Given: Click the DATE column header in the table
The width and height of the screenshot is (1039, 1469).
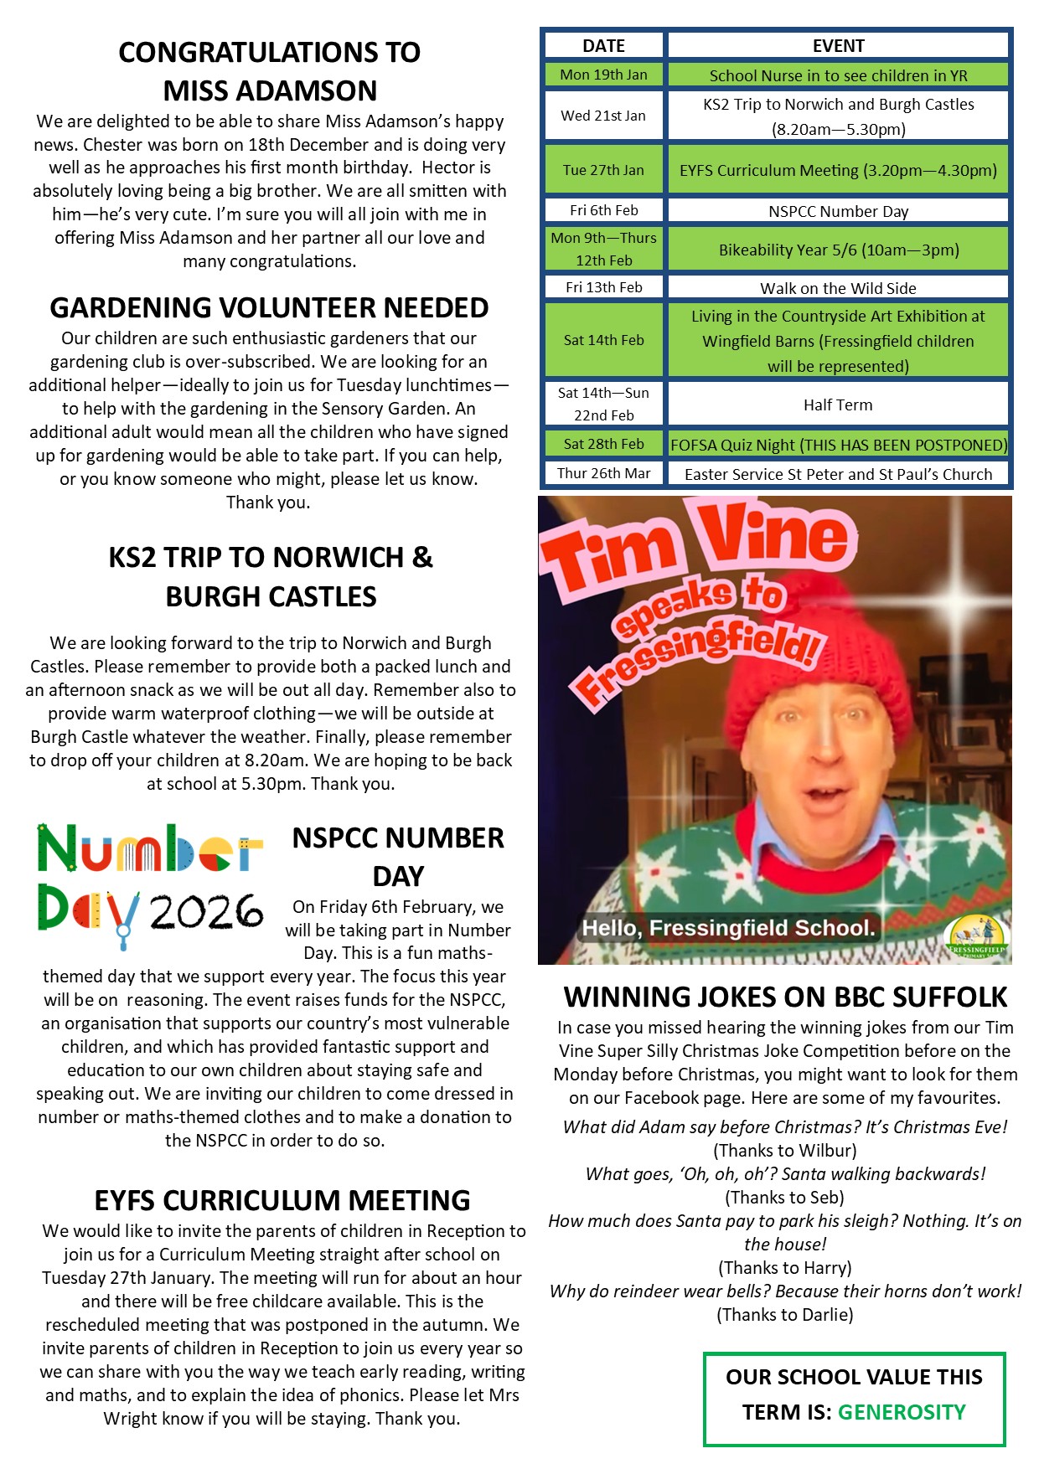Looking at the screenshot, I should click(603, 46).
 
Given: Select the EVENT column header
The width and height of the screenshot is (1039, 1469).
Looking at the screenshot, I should click(838, 46).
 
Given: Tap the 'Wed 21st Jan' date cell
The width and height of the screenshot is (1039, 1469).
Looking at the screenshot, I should click(603, 116).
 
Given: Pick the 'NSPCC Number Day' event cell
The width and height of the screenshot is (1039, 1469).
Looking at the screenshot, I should click(838, 211).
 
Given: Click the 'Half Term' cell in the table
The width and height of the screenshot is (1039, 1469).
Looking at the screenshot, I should click(838, 405).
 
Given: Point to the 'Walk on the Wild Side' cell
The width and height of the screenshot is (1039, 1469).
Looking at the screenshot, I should click(838, 288).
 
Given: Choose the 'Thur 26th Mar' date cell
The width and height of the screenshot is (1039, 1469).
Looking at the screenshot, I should click(603, 473).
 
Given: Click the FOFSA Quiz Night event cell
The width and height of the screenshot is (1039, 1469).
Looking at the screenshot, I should click(838, 445).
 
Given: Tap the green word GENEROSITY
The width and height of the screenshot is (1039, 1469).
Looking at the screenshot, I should click(902, 1412).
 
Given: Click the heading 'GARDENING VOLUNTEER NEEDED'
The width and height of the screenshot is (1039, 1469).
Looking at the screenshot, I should click(269, 308).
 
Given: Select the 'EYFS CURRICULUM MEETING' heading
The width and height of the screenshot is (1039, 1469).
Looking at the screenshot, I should click(282, 1200).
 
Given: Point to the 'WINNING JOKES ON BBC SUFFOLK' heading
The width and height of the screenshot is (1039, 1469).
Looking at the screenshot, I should click(785, 997).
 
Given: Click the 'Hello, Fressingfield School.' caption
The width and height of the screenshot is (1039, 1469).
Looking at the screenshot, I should click(728, 928).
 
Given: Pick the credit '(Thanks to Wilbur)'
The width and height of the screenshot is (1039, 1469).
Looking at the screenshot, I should click(785, 1151).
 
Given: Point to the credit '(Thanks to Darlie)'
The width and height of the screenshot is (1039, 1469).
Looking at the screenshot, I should click(785, 1315).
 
